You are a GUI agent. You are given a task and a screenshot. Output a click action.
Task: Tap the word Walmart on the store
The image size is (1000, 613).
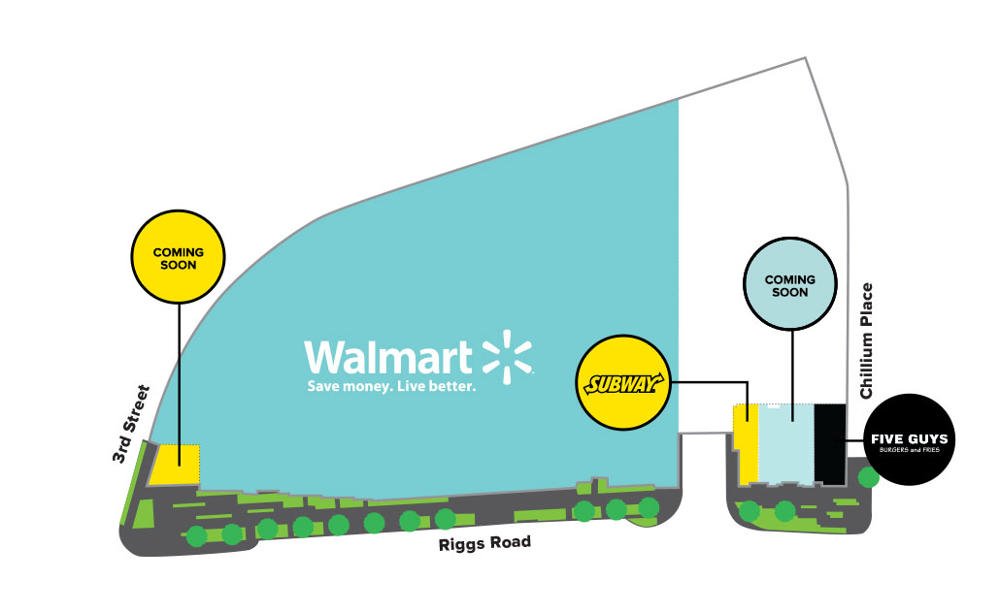coord(388,357)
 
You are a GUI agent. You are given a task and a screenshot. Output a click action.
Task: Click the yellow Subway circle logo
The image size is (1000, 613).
coord(624,383)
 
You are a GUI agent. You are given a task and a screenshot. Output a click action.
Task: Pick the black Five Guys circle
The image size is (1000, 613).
coord(912,439)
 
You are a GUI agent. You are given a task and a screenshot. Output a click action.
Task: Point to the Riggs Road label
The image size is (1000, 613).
coord(485,544)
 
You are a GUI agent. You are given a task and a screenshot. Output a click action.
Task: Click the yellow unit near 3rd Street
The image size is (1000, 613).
coord(175,465)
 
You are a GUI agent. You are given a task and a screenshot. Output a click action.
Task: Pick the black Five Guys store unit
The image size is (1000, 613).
coord(830,443)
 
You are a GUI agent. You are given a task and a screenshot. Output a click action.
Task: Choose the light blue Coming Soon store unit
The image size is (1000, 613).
coord(785,443)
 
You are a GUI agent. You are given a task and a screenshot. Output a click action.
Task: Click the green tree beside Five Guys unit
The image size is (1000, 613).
coord(868,477)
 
